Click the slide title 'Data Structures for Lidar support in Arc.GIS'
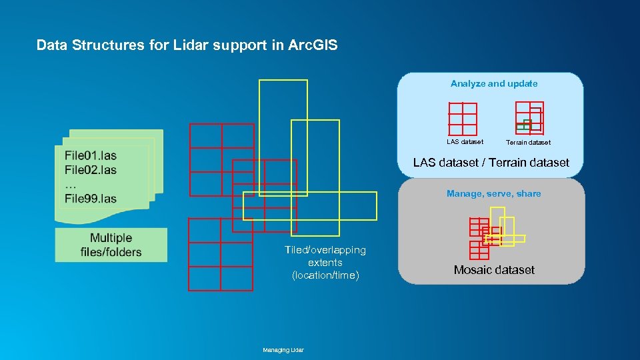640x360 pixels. click(187, 45)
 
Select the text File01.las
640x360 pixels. click(91, 155)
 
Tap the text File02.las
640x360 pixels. click(91, 170)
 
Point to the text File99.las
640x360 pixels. click(91, 198)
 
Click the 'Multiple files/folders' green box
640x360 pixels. click(111, 245)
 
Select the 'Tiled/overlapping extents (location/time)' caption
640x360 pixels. click(325, 263)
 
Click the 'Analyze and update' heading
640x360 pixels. click(493, 84)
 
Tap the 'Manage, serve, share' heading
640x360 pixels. click(493, 194)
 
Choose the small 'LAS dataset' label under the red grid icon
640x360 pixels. click(465, 141)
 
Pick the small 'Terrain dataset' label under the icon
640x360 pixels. click(528, 142)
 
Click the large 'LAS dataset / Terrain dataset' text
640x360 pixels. click(491, 163)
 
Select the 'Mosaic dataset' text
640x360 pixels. click(494, 270)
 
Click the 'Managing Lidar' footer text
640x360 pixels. click(283, 350)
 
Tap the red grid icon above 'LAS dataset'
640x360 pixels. click(463, 119)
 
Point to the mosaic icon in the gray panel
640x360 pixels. click(495, 232)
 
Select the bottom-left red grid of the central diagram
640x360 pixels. click(221, 255)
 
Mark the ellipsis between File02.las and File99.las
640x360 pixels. click(71, 184)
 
